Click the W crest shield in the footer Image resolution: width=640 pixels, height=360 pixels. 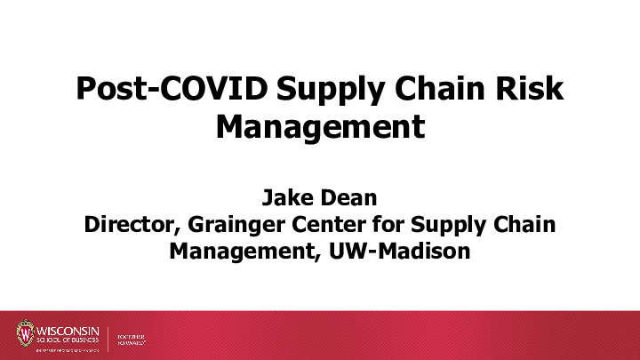tap(24, 333)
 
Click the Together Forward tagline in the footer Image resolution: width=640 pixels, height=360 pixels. tap(131, 339)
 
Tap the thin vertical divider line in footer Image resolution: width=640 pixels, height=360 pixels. tap(108, 338)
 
